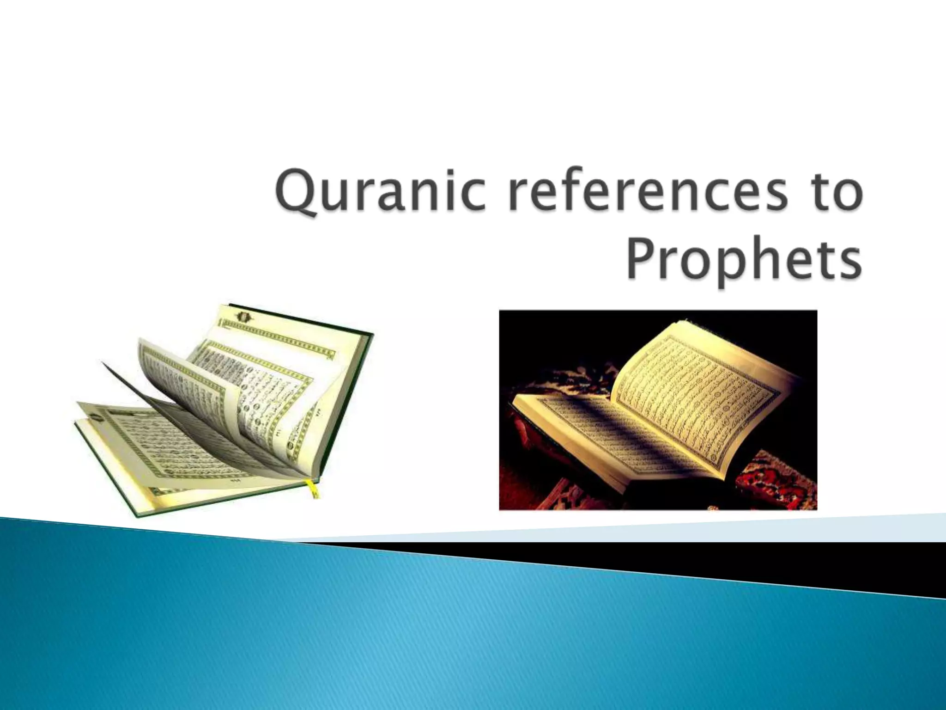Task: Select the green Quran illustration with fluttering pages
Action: coord(226,411)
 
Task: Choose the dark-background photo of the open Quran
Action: coord(658,410)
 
